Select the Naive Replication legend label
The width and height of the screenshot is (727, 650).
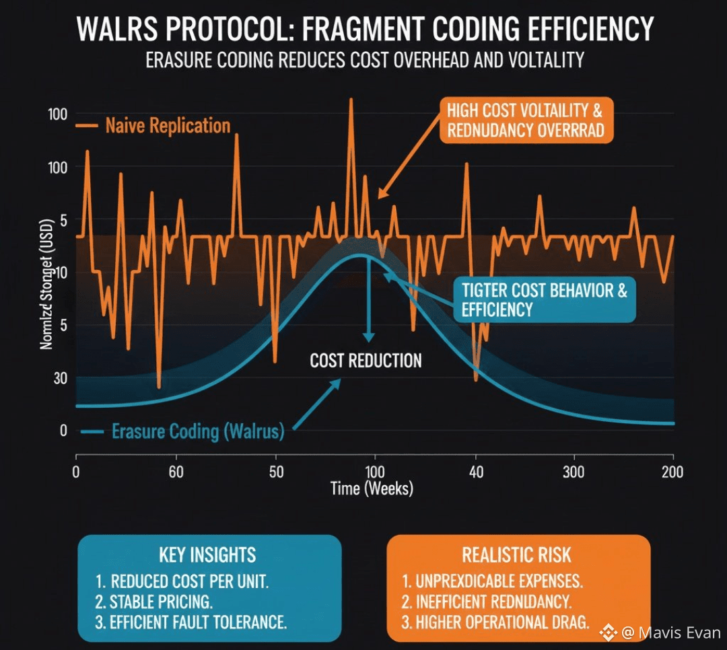(168, 126)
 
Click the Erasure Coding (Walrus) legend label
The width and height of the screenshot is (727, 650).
(198, 431)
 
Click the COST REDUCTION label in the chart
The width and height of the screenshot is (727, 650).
(366, 361)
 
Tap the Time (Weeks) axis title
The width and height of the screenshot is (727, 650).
(372, 488)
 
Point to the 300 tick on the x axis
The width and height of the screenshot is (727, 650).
(574, 472)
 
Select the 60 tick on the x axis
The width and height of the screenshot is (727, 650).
(176, 472)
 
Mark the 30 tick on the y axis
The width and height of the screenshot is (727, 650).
(59, 378)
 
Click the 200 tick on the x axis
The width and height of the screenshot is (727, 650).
(672, 472)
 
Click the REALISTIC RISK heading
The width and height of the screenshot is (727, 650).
(517, 555)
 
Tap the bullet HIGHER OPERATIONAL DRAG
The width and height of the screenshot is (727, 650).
(503, 622)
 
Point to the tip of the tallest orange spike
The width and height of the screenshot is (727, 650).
(350, 99)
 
